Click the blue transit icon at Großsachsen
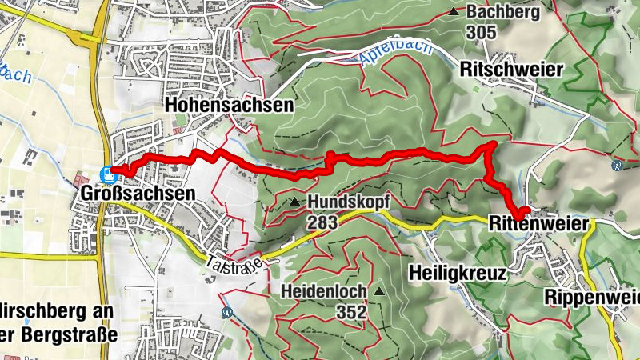(107, 172)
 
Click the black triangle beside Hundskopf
(295, 202)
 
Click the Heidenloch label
(323, 291)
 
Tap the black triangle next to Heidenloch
(379, 291)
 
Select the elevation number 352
(353, 311)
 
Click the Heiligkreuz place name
(458, 273)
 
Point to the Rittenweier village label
(542, 223)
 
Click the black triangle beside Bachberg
(454, 12)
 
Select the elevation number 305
(482, 33)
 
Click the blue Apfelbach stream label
(397, 53)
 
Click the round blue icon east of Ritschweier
(617, 166)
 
